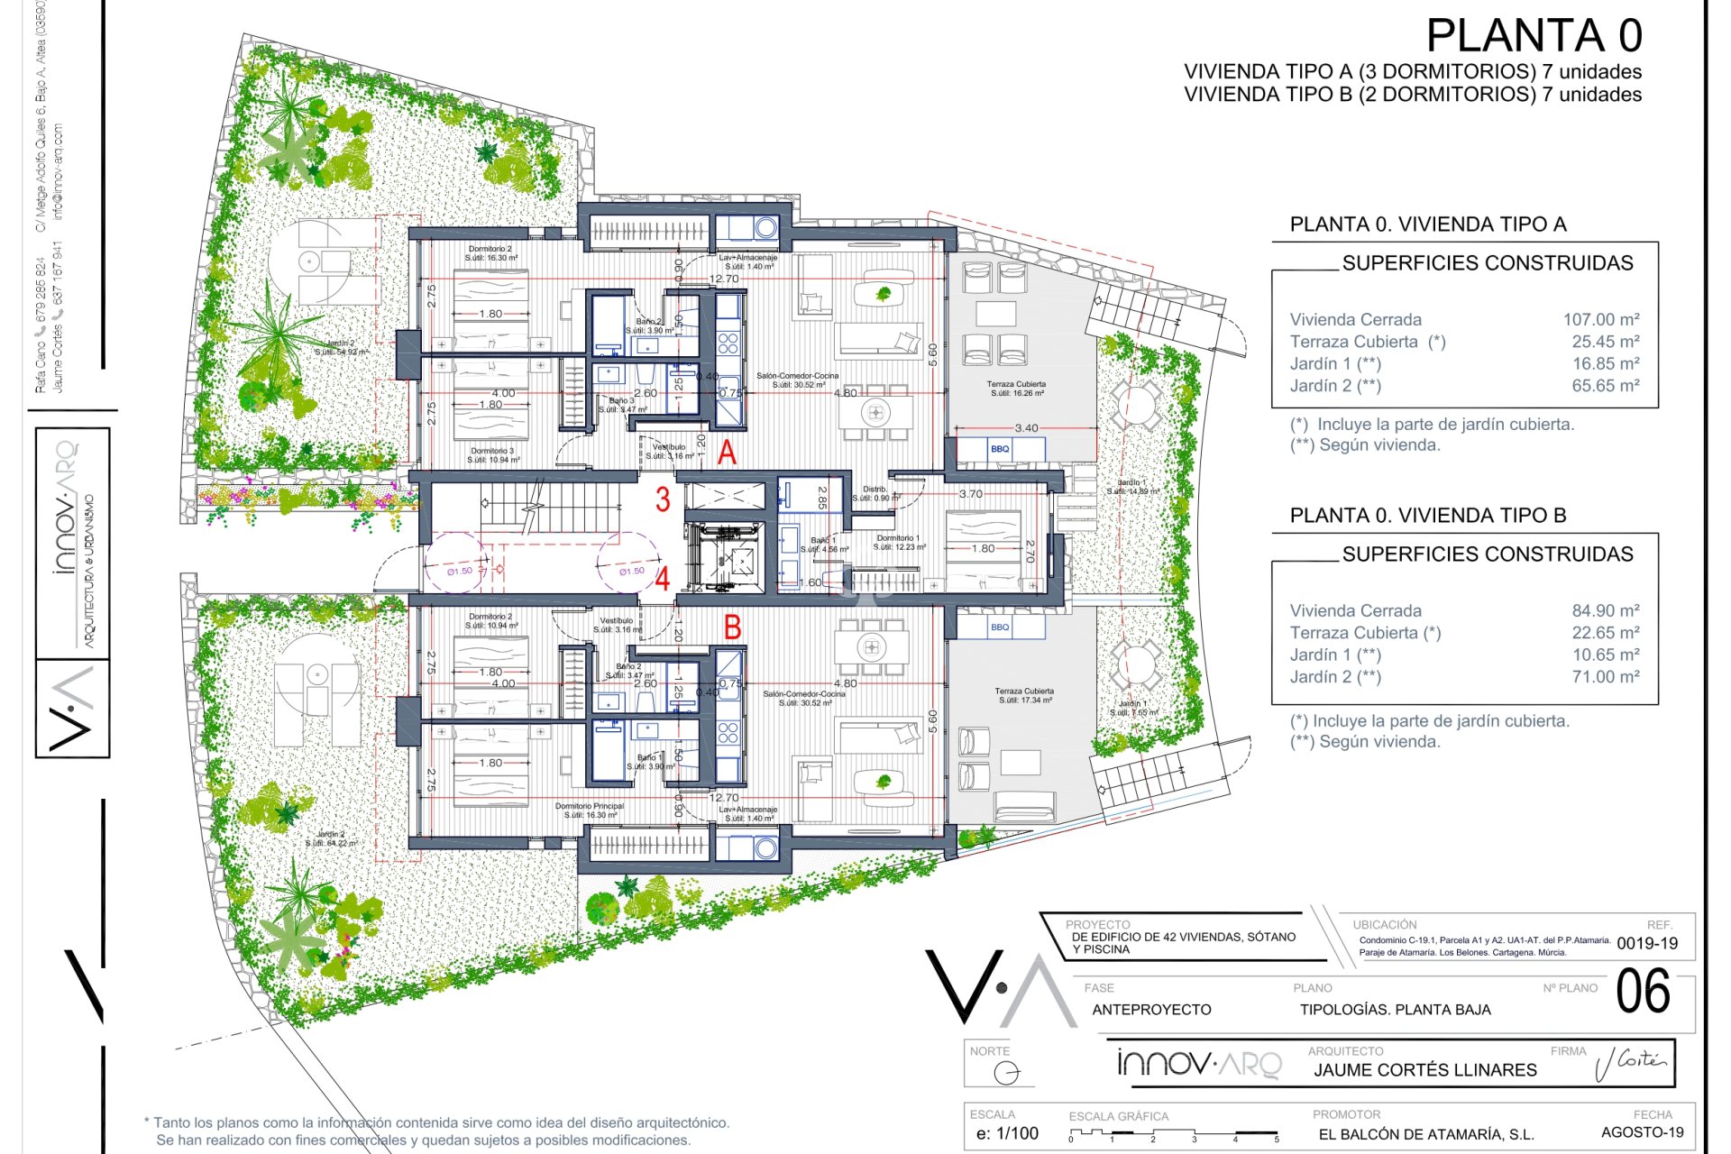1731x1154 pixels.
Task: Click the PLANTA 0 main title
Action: click(1534, 36)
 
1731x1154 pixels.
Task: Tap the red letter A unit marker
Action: click(727, 452)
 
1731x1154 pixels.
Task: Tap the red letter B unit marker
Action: click(733, 627)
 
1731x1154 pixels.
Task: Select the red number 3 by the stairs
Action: click(663, 499)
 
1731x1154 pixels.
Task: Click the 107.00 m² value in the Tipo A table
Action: click(1601, 319)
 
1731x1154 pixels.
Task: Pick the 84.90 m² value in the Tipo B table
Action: click(1605, 610)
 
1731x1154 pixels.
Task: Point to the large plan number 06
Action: click(1643, 992)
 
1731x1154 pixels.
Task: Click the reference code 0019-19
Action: click(1647, 944)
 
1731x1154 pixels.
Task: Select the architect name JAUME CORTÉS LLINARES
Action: click(1424, 1070)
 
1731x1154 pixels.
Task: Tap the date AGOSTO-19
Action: click(1642, 1132)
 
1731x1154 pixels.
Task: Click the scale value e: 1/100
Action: click(1007, 1134)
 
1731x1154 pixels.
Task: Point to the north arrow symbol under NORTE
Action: click(1007, 1073)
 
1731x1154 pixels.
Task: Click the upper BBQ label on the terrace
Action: click(1000, 449)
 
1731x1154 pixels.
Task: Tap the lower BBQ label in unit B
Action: click(1000, 627)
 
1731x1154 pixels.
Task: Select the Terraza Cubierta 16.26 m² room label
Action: click(1016, 389)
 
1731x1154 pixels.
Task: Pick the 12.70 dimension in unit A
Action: click(724, 279)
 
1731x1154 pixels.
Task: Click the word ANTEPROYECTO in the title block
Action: click(1151, 1010)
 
